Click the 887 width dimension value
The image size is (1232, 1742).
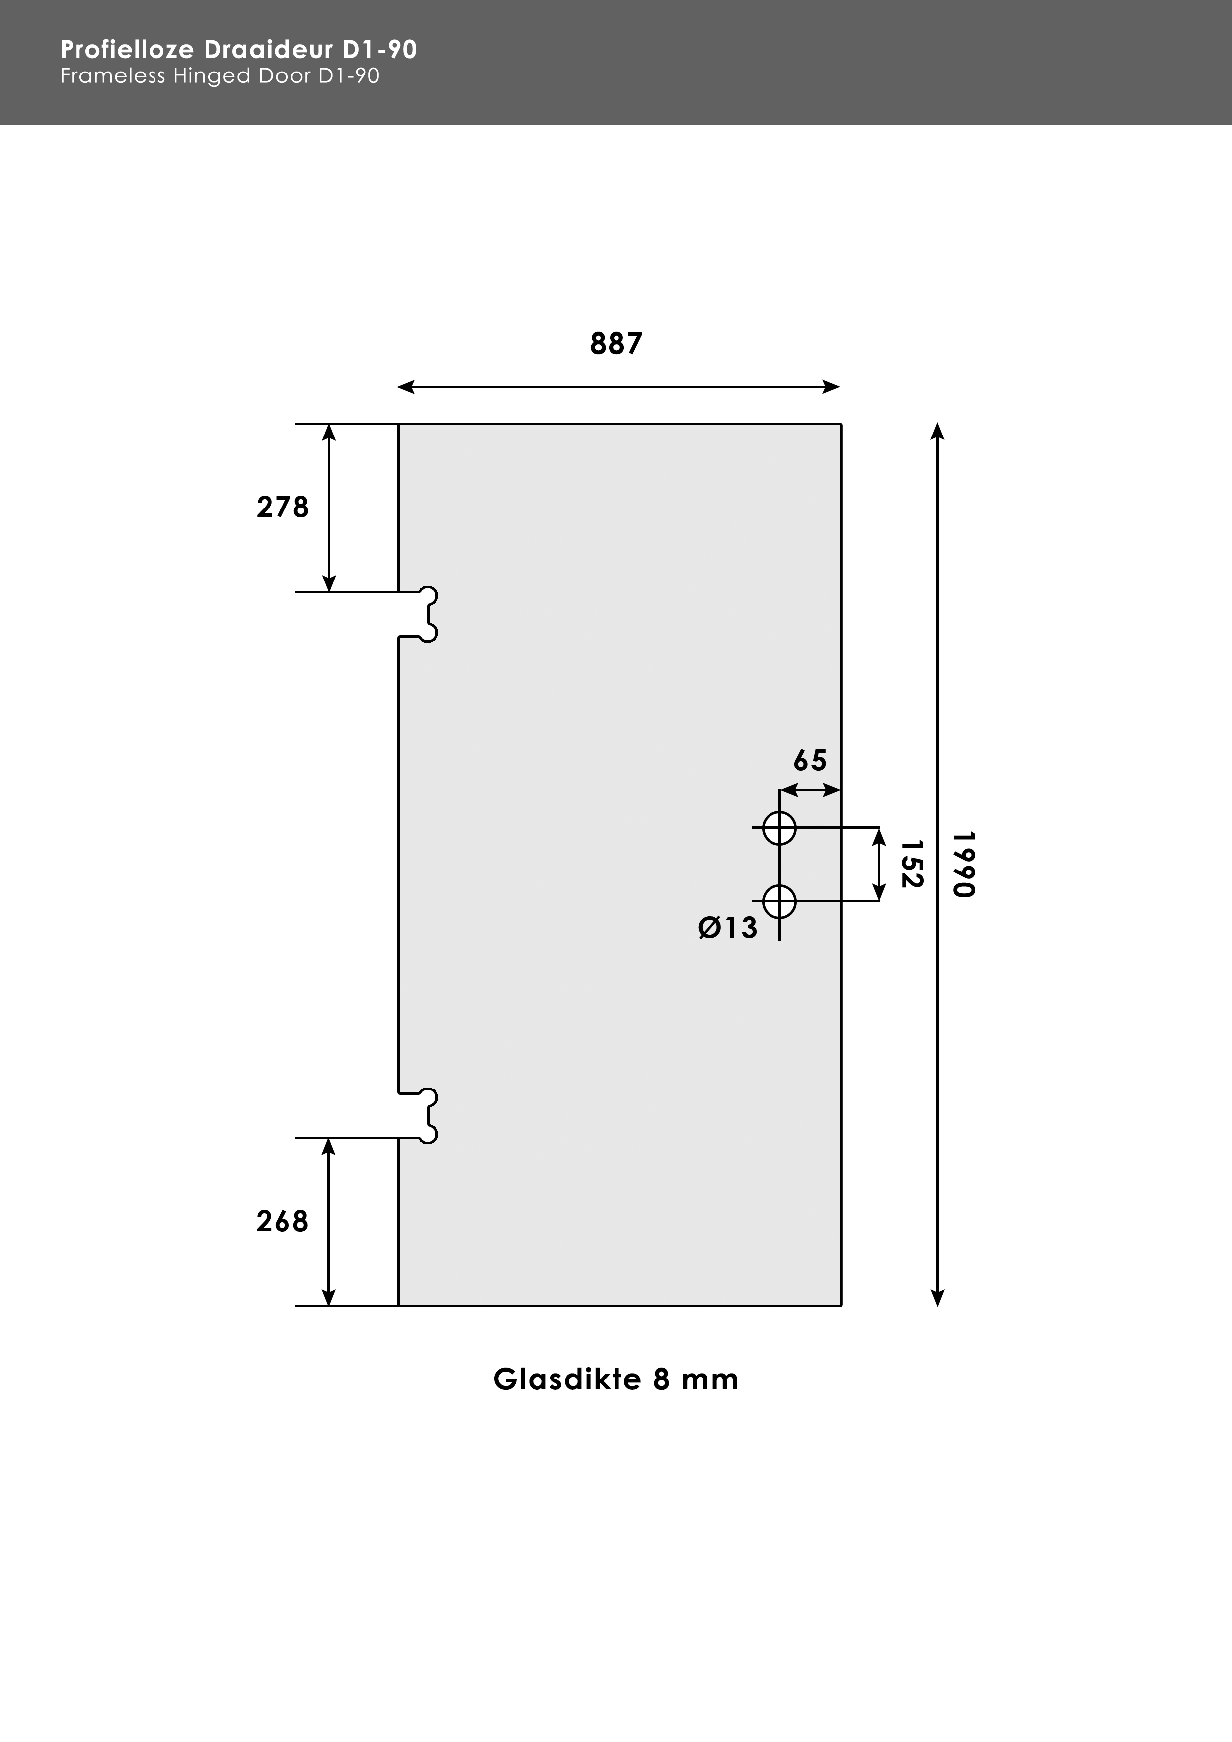click(x=616, y=344)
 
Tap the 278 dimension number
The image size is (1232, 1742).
click(x=282, y=507)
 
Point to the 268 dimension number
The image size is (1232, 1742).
click(x=282, y=1221)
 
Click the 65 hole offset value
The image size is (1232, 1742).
click(x=809, y=760)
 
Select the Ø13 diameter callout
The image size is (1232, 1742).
click(x=727, y=927)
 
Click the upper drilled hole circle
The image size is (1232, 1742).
click(x=779, y=828)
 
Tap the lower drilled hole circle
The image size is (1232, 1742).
click(x=779, y=901)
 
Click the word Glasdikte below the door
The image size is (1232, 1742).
click(x=567, y=1379)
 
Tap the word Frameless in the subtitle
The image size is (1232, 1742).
click(x=112, y=76)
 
